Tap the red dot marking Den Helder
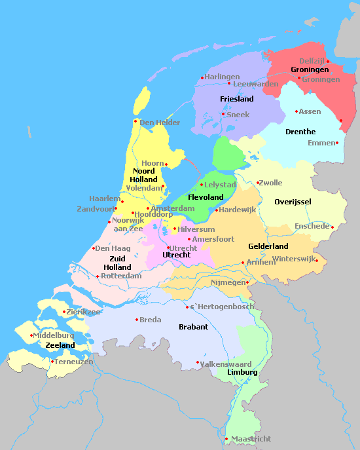point(135,121)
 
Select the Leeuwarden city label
point(255,84)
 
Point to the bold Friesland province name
point(237,99)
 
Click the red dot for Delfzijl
point(328,62)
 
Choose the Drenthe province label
point(300,132)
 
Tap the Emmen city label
point(321,143)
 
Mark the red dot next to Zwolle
point(258,183)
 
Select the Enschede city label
point(312,226)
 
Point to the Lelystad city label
point(220,185)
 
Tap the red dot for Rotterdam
point(98,276)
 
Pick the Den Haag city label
point(112,248)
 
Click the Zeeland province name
point(60,345)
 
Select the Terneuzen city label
point(74,362)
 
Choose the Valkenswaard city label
point(226,364)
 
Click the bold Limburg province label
point(242,372)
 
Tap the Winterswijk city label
point(293,259)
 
